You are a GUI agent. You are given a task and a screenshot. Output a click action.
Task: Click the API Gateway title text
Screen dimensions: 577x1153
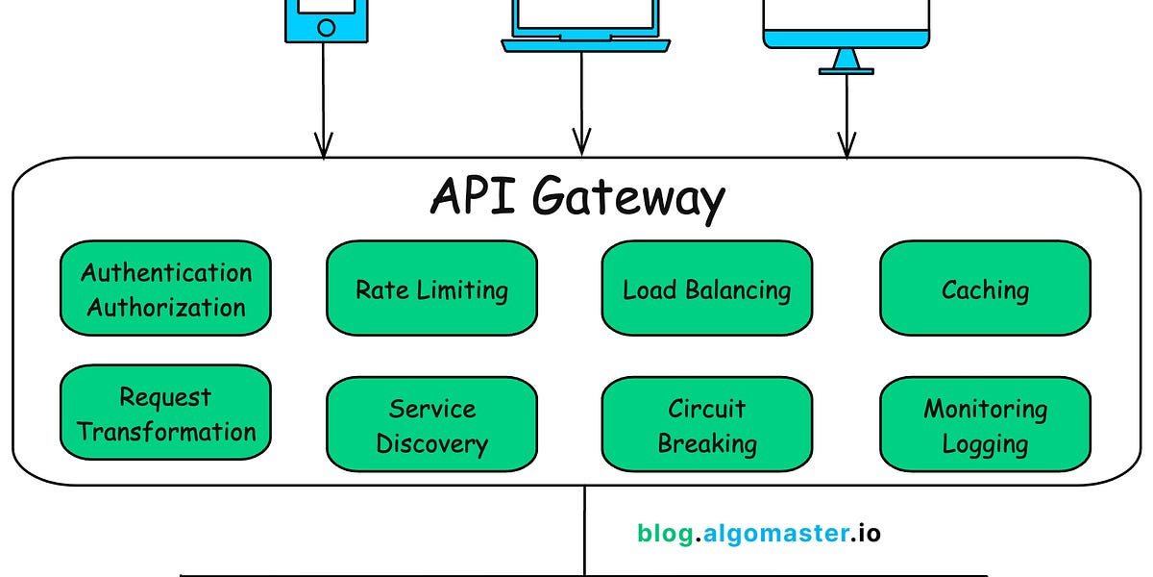click(x=576, y=199)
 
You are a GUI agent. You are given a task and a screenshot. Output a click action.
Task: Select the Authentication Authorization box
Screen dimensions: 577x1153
click(x=165, y=288)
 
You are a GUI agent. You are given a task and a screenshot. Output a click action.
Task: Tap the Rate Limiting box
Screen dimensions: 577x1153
click(x=431, y=288)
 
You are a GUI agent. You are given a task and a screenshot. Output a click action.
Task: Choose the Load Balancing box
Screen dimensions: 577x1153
click(x=706, y=288)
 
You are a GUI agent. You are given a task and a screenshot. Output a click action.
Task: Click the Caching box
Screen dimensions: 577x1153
click(x=985, y=288)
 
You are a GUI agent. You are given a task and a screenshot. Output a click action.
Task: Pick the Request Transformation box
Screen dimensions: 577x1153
click(x=165, y=414)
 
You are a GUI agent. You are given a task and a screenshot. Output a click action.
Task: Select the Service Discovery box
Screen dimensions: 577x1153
click(x=431, y=425)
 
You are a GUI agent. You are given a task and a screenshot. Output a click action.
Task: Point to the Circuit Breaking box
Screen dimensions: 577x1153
click(x=706, y=425)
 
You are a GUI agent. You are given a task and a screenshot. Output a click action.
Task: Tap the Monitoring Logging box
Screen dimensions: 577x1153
click(x=985, y=425)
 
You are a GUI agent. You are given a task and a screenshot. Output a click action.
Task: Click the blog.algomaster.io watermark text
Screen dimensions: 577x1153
click(x=758, y=533)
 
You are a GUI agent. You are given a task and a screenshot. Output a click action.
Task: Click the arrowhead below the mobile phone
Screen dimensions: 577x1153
click(x=323, y=146)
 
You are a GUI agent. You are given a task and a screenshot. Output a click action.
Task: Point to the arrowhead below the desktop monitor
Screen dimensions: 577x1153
click(x=846, y=146)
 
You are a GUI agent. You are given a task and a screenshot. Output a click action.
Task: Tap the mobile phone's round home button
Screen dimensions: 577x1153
click(x=326, y=28)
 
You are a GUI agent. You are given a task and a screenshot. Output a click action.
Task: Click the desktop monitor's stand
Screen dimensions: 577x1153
click(x=846, y=62)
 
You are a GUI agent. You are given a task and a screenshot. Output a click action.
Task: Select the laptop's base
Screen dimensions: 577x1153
click(x=584, y=44)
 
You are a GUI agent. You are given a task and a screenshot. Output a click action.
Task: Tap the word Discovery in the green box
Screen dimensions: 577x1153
click(x=431, y=444)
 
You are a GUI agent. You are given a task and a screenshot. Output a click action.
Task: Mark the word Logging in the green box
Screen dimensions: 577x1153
click(x=985, y=444)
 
